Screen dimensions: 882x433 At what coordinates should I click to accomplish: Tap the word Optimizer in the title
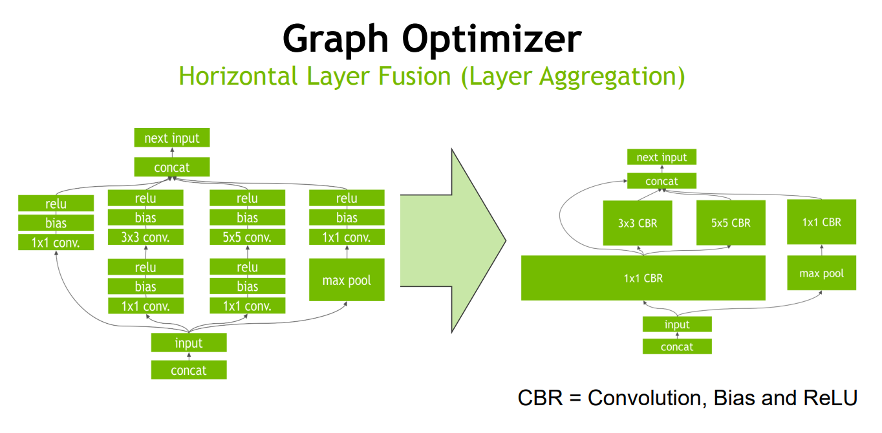492,39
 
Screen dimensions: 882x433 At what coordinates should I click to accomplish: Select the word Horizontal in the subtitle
238,76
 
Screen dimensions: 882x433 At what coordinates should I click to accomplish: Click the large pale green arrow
453,240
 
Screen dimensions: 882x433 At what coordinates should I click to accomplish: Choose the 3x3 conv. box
145,237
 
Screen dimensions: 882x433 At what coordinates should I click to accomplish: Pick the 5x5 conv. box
247,237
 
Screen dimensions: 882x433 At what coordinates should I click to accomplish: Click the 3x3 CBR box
638,223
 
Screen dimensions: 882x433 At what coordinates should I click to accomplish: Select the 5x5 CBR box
731,222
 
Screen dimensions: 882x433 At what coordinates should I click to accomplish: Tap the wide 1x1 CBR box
643,278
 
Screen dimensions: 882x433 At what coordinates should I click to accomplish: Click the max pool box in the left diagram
347,280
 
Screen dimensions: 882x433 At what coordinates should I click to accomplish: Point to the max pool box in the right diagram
822,273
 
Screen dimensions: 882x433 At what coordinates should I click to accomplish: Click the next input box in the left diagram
172,138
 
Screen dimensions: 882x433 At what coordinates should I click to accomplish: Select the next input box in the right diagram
662,157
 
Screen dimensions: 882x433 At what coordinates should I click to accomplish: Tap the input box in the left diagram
189,343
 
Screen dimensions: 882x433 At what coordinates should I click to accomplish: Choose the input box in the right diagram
677,324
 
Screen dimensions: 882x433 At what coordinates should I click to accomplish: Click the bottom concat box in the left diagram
189,370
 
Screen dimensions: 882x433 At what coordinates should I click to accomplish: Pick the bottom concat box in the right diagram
677,346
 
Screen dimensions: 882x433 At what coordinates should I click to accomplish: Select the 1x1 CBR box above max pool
822,222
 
